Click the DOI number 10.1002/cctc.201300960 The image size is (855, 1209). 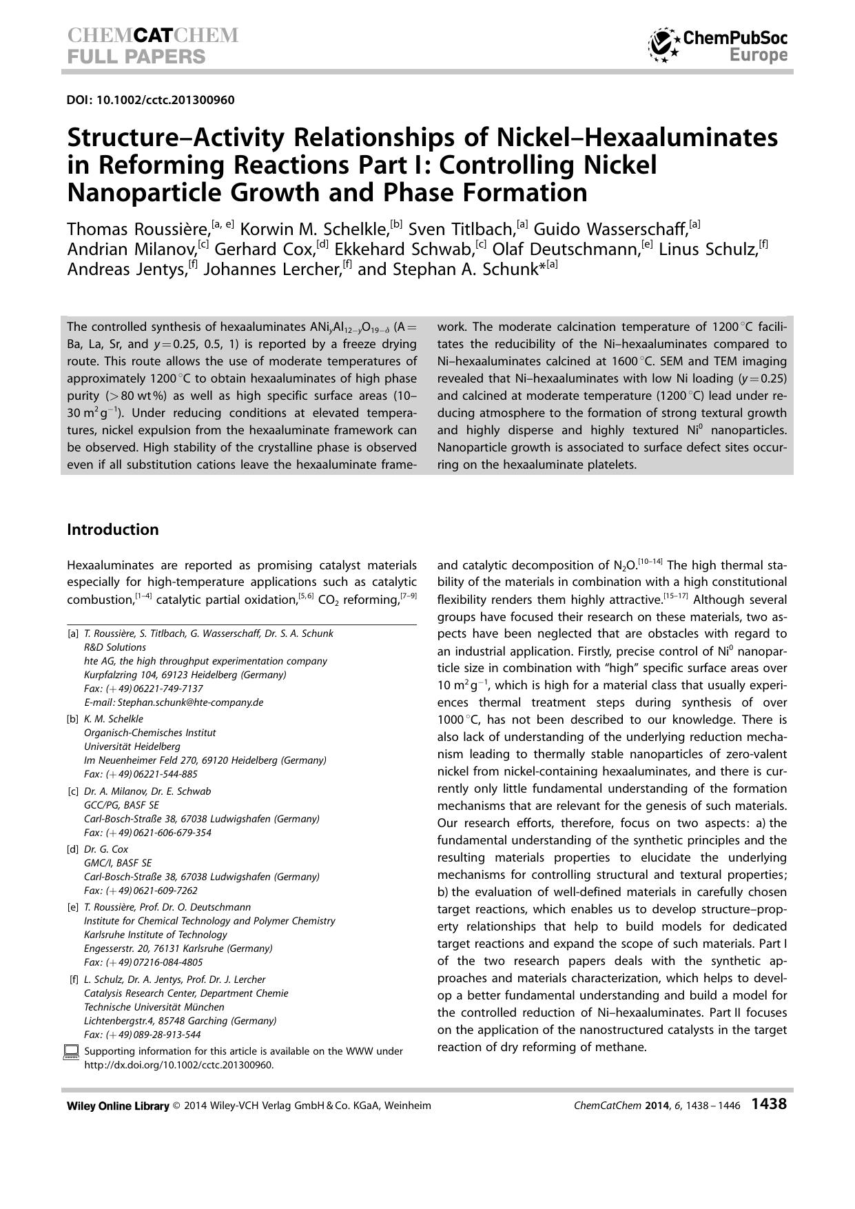150,100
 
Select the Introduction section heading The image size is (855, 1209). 113,529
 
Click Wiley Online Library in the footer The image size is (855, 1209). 118,1106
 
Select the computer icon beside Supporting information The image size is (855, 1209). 71,1052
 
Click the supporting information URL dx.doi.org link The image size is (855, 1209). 178,1065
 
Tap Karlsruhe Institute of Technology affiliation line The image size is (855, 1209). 155,935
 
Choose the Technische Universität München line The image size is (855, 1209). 154,1007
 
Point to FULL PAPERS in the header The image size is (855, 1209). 136,57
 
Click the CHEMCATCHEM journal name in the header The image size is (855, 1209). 153,36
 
